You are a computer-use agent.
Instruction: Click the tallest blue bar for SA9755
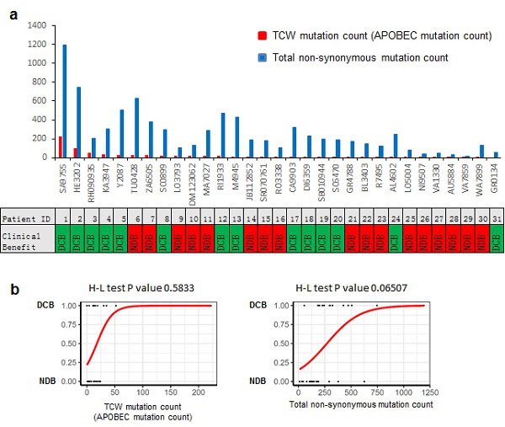point(64,101)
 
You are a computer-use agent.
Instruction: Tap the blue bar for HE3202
point(78,122)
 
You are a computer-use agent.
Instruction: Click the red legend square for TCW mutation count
point(262,36)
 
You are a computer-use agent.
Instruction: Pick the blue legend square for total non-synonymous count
point(262,56)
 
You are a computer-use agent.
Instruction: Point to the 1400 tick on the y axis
point(37,25)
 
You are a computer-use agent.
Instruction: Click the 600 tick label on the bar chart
point(40,101)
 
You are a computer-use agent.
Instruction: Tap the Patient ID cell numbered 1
point(62,219)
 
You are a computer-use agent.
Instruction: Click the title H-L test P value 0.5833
point(138,289)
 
